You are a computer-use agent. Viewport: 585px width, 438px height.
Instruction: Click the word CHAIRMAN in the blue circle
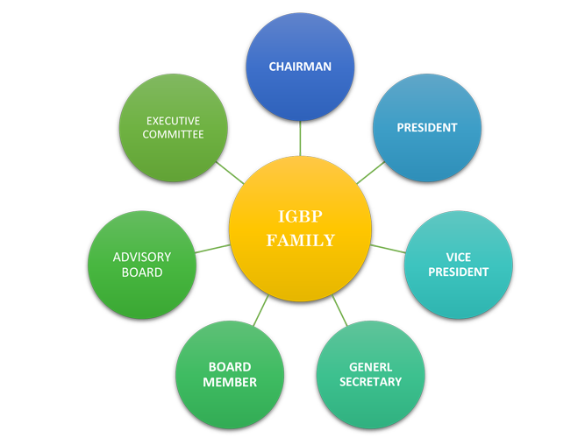tap(300, 67)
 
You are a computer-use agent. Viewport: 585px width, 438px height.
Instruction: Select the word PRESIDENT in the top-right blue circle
tap(427, 127)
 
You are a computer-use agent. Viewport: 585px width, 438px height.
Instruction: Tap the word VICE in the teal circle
tap(459, 258)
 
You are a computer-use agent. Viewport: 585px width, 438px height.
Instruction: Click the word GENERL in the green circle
tap(370, 367)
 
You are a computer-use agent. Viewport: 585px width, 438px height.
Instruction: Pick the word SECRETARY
tap(370, 381)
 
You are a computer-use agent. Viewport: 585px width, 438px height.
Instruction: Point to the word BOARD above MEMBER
tap(230, 367)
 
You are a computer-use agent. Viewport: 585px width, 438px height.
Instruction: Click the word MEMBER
tap(230, 382)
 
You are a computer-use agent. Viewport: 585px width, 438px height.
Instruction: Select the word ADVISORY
tap(142, 258)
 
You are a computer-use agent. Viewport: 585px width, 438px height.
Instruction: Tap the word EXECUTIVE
tap(174, 120)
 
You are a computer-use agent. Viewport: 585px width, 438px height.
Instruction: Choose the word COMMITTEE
tap(174, 134)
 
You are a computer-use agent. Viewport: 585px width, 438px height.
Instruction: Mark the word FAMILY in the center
tap(300, 240)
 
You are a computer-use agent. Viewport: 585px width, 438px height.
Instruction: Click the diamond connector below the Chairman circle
tap(300, 138)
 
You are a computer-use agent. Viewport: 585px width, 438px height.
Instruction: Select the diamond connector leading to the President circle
tap(369, 173)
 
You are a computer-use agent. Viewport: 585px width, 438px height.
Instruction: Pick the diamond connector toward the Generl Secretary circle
tap(340, 310)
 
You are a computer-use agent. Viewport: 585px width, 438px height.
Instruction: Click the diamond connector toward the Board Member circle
tap(259, 310)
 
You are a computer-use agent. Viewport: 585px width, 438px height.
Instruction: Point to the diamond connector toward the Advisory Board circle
tap(213, 250)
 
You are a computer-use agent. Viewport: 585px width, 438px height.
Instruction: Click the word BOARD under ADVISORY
tap(142, 272)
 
